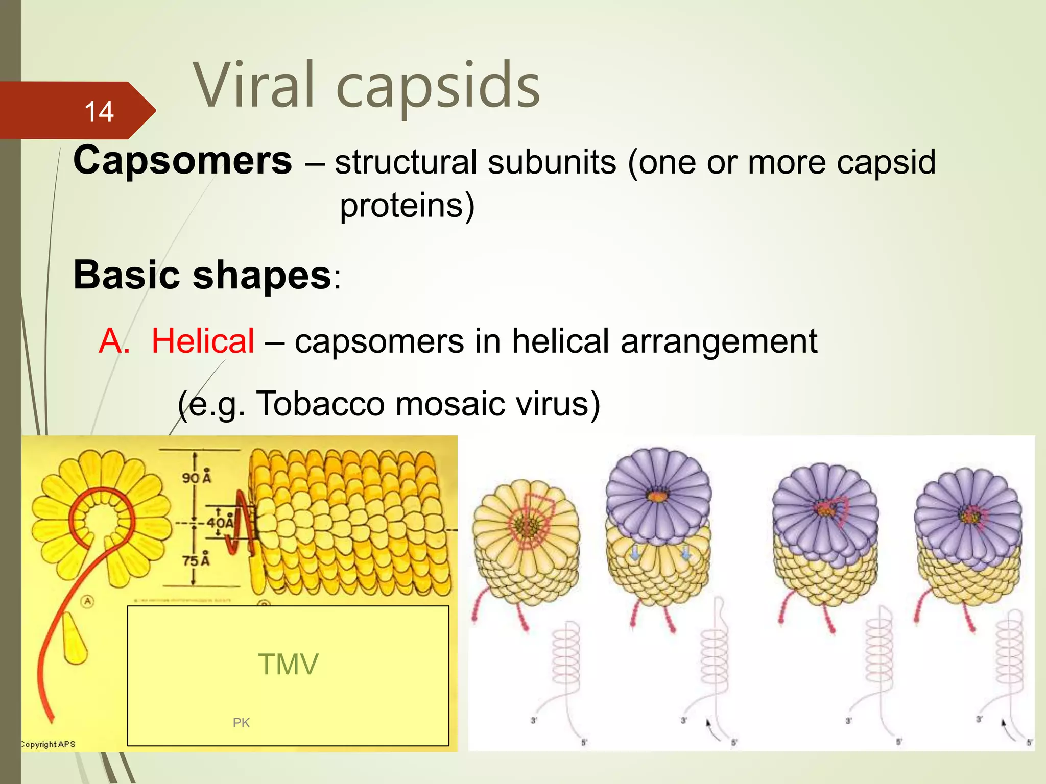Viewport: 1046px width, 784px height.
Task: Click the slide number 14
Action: (x=99, y=111)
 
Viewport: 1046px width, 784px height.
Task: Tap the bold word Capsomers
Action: (x=182, y=160)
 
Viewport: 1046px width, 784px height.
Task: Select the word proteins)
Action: (x=407, y=206)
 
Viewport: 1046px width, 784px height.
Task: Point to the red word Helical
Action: (x=203, y=341)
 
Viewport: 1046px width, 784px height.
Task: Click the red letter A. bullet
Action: (x=114, y=341)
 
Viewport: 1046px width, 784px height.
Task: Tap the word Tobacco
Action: (x=320, y=404)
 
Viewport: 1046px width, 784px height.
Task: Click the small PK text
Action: (x=241, y=723)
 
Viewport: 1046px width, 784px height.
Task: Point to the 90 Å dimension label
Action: (x=197, y=477)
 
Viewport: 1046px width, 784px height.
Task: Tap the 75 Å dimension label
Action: (x=197, y=560)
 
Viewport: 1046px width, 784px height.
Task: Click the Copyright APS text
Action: (x=49, y=744)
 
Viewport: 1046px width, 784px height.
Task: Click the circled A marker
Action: (x=88, y=601)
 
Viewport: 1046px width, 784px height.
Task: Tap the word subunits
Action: (x=552, y=162)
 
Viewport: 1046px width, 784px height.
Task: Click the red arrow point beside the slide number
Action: (x=146, y=110)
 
